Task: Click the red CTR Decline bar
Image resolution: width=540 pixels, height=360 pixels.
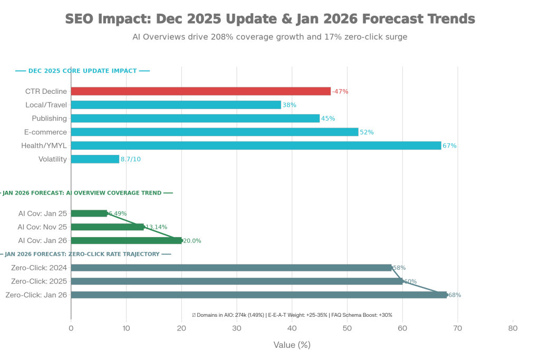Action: (x=201, y=91)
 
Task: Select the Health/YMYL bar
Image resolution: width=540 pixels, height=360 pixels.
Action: (x=256, y=145)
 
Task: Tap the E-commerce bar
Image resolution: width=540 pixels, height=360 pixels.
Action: (x=215, y=132)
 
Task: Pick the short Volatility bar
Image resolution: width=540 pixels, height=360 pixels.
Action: (x=95, y=159)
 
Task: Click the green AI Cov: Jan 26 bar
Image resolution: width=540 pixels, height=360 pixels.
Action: (x=126, y=240)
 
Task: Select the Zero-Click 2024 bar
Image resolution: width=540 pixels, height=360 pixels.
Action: (x=232, y=268)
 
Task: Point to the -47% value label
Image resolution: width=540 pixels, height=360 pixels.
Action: (x=341, y=92)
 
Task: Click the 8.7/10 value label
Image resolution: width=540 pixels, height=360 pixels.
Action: (x=131, y=159)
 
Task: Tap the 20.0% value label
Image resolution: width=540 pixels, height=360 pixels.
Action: (x=192, y=241)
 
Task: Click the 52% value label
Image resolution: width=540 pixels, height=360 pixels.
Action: (x=367, y=132)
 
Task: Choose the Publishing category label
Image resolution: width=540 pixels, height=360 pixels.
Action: (x=50, y=118)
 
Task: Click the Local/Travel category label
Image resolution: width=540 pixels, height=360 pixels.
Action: (x=46, y=105)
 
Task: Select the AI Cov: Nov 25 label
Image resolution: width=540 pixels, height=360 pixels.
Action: (x=43, y=227)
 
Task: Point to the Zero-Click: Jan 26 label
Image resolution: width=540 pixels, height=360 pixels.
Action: (x=36, y=295)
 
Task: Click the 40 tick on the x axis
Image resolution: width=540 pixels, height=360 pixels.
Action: (x=292, y=328)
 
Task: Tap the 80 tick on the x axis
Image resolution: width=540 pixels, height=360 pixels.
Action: (x=513, y=328)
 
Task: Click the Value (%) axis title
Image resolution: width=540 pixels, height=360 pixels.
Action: (x=292, y=345)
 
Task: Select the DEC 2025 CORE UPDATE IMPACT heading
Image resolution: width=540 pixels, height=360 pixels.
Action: (x=82, y=71)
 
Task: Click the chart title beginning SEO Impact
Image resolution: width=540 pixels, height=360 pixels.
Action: (x=270, y=19)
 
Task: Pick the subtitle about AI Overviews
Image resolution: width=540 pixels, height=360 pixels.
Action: (x=270, y=37)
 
